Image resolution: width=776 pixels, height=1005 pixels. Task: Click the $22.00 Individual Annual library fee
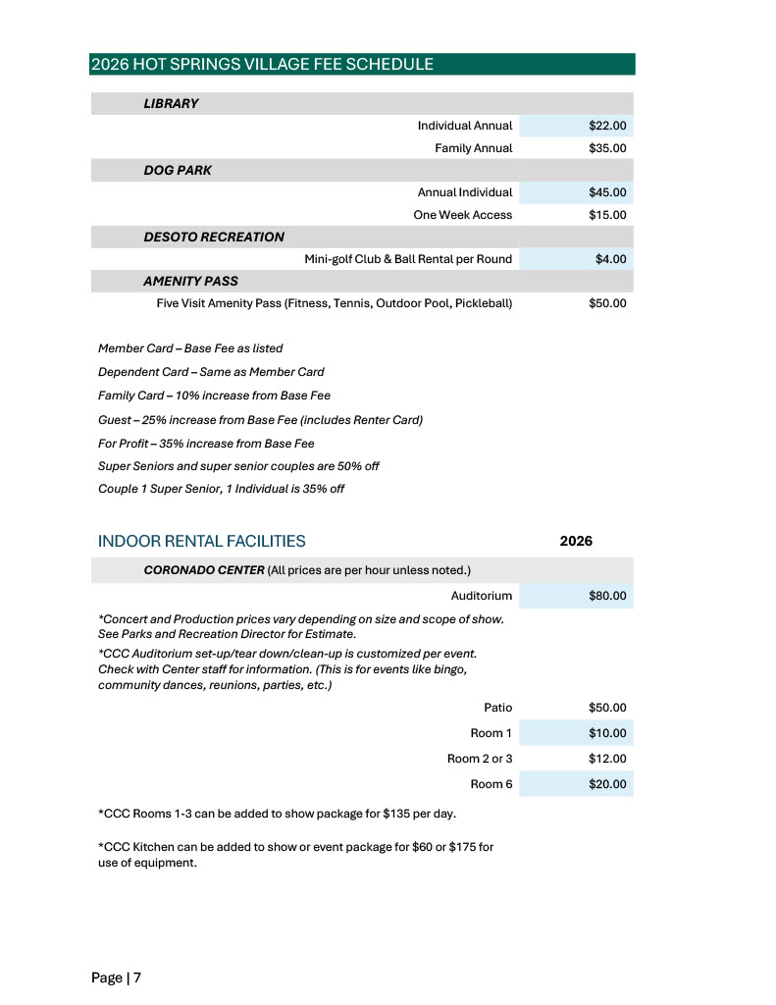(606, 126)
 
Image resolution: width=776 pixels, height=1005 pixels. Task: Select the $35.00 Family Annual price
(606, 148)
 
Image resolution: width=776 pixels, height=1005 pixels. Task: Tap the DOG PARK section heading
(178, 170)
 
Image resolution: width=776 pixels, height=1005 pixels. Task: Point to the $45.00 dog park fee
(606, 192)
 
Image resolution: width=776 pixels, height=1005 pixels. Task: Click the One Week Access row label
(462, 215)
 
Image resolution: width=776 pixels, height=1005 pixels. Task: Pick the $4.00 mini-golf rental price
(610, 259)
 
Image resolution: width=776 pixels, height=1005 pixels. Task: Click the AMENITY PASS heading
(190, 281)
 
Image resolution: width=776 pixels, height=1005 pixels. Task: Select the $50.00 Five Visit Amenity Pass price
(606, 303)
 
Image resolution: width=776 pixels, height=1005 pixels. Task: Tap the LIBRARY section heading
(171, 103)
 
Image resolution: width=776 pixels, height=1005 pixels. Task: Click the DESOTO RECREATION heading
(214, 237)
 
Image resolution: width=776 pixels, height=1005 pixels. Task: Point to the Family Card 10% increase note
(214, 396)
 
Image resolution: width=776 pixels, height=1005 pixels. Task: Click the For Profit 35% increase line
(206, 443)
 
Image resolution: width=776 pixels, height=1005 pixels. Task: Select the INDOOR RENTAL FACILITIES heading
(201, 541)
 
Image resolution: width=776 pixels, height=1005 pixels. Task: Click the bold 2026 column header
(575, 541)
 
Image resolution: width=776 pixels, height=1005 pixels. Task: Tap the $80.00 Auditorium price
(606, 596)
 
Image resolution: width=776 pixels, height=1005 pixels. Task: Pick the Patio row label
(497, 707)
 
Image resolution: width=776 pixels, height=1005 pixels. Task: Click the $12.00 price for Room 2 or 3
(606, 759)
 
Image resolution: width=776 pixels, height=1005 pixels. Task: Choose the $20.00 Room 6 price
(606, 784)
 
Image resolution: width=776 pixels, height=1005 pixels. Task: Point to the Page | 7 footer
(117, 978)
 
